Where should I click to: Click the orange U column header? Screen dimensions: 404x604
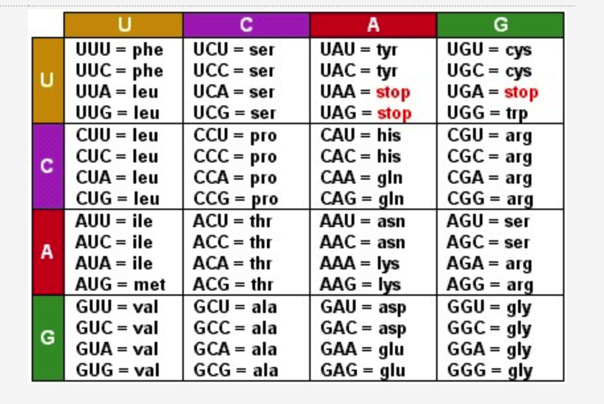tap(124, 25)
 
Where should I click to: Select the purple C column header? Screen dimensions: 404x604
tap(246, 25)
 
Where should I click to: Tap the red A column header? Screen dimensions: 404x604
tap(373, 25)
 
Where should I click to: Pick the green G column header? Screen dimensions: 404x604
tap(500, 25)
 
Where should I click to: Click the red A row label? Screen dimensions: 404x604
tap(48, 252)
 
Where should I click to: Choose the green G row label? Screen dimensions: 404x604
tap(48, 338)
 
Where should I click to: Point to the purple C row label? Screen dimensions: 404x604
tap(48, 166)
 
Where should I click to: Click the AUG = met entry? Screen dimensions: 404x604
tap(120, 285)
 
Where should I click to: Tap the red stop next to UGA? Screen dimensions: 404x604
tap(521, 92)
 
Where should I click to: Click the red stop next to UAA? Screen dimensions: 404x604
tap(393, 92)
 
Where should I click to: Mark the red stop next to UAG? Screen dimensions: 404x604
tap(394, 114)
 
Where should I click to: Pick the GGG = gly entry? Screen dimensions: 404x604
tap(489, 370)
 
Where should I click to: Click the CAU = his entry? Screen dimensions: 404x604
tap(360, 135)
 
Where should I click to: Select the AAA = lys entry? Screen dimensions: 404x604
tap(360, 263)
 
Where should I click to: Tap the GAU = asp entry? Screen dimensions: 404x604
tap(363, 307)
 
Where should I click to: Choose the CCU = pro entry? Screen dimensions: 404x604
tap(235, 135)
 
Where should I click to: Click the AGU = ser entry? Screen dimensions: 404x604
tap(488, 221)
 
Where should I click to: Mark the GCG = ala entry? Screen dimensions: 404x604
tap(235, 370)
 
